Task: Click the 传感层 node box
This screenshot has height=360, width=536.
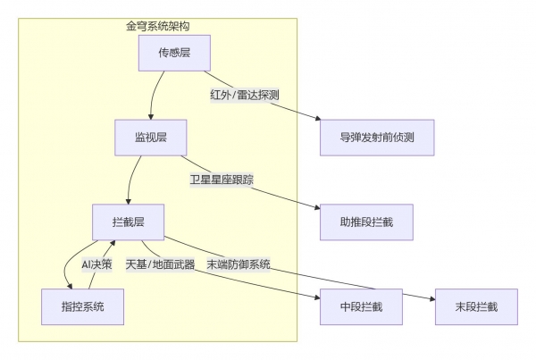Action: [174, 54]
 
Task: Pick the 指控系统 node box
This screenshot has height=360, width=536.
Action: [82, 306]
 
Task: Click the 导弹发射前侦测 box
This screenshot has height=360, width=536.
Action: [376, 138]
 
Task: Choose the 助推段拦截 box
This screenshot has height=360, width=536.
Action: [366, 222]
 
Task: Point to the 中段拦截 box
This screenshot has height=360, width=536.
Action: [361, 306]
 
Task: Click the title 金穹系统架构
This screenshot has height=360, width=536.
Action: [158, 27]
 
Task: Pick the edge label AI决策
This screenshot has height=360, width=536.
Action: [97, 264]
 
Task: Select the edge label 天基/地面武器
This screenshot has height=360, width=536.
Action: [160, 264]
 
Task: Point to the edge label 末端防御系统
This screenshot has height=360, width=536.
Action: [239, 264]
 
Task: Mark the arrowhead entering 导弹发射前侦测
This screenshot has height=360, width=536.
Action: [316, 121]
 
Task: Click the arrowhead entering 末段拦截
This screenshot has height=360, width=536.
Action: [431, 297]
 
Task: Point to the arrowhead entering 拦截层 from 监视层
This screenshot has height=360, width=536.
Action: [130, 201]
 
